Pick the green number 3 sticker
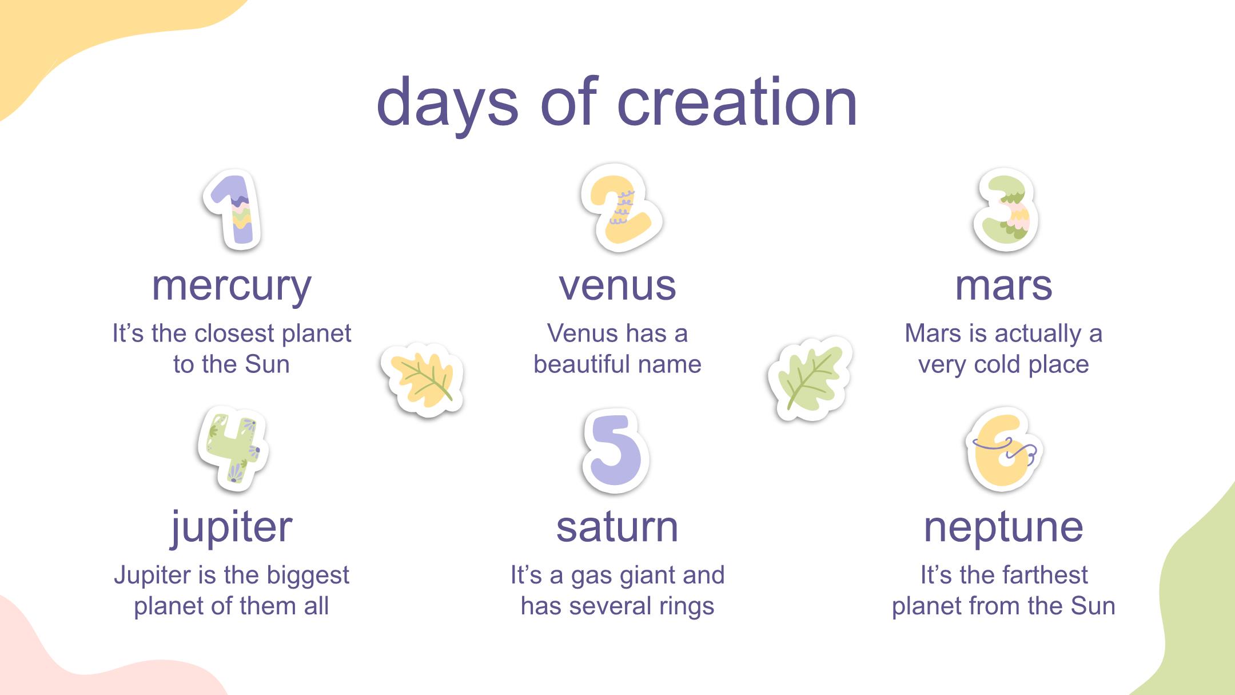click(x=1006, y=210)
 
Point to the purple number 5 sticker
click(x=616, y=451)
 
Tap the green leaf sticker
click(x=810, y=379)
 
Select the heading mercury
click(x=232, y=285)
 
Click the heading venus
click(x=617, y=285)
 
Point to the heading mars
click(x=1003, y=285)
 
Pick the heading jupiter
click(x=232, y=527)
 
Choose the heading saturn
click(x=617, y=527)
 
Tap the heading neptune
click(x=1003, y=527)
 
